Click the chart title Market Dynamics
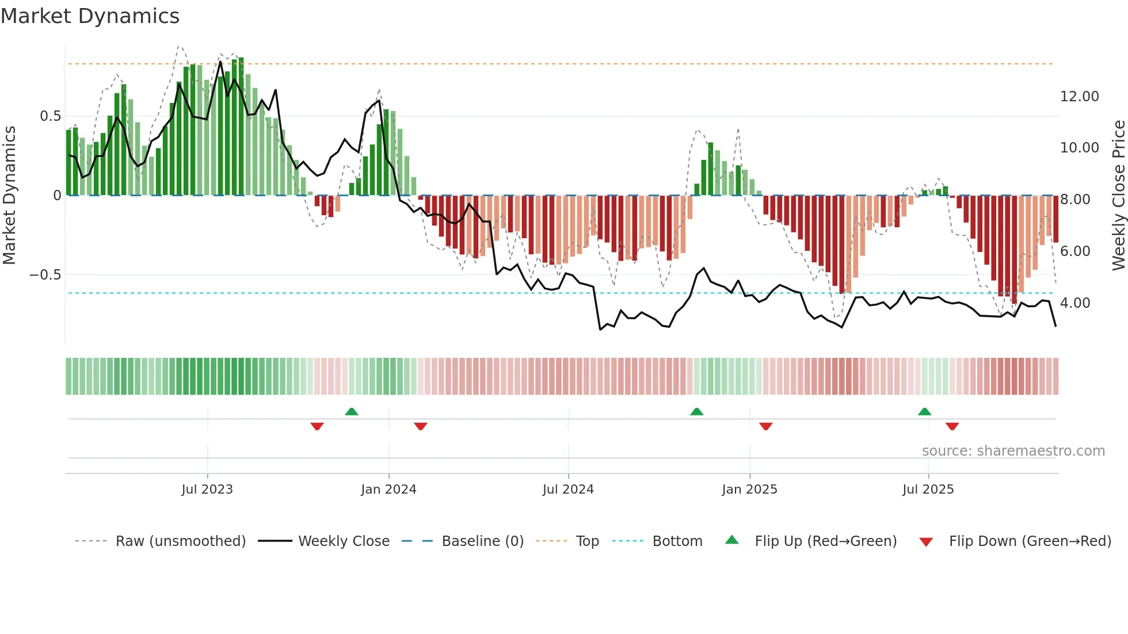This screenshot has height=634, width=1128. tap(90, 16)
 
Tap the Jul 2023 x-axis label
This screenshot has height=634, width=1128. tap(207, 490)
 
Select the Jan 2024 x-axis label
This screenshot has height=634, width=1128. tap(388, 490)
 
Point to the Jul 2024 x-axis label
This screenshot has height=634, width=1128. tap(568, 490)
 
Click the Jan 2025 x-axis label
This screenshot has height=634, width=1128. tap(749, 490)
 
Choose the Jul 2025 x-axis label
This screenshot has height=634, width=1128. tap(928, 490)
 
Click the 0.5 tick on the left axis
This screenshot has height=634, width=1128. tap(51, 116)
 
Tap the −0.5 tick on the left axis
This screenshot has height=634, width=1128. tap(45, 275)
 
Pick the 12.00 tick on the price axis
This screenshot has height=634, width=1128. tap(1080, 97)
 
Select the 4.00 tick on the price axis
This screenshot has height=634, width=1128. tap(1075, 303)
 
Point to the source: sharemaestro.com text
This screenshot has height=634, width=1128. tap(1013, 451)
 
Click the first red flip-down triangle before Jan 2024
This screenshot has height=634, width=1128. tap(317, 426)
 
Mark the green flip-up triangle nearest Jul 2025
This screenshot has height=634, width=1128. tap(924, 411)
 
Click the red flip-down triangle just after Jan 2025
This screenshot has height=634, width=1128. tap(765, 426)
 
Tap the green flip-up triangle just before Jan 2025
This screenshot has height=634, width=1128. tap(696, 411)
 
